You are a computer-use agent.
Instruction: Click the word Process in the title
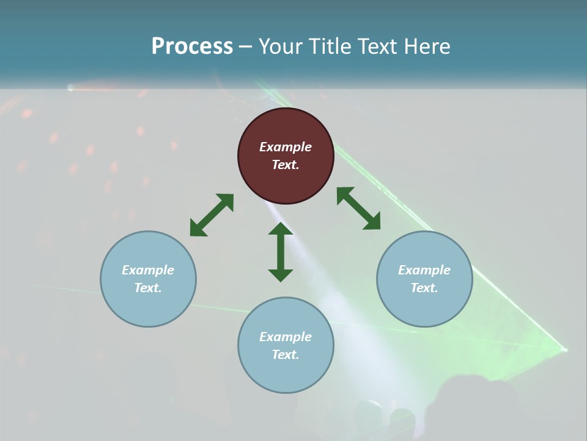tap(192, 47)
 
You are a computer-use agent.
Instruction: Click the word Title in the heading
tap(328, 47)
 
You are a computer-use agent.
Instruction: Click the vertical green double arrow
tap(281, 252)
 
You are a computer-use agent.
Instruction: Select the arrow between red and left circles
tap(212, 214)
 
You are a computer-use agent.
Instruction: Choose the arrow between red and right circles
tap(358, 208)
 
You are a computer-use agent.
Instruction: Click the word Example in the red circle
tap(286, 147)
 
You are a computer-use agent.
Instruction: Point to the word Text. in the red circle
tap(286, 165)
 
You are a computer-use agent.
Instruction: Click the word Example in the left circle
tap(148, 270)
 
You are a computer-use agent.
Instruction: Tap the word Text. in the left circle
tap(148, 288)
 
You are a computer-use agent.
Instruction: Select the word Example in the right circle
tap(424, 270)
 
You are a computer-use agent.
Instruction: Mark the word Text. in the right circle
tap(424, 288)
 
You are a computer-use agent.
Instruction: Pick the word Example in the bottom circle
tap(286, 337)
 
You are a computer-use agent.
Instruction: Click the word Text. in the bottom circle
tap(286, 355)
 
